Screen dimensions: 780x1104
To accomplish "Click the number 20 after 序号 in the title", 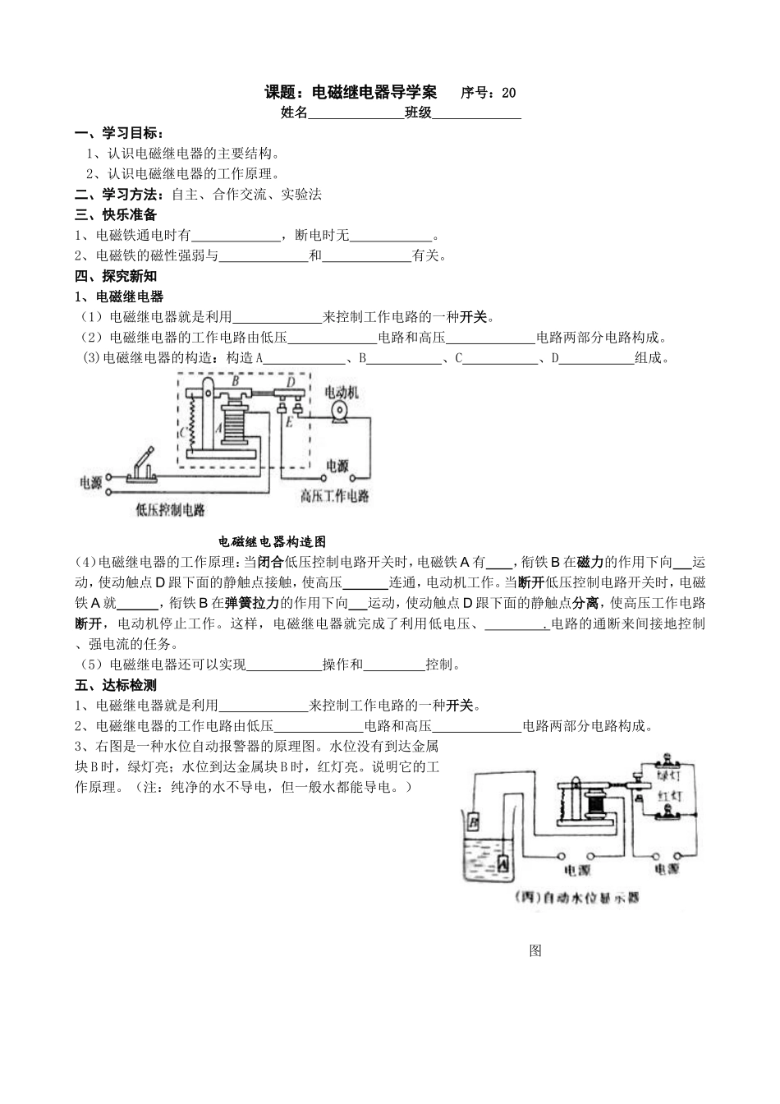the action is click(508, 93).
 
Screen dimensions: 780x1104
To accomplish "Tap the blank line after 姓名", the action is click(356, 114).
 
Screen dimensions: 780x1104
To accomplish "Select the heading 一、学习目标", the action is click(119, 134).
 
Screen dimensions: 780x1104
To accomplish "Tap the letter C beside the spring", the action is click(182, 432).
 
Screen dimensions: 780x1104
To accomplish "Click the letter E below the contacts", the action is click(288, 421).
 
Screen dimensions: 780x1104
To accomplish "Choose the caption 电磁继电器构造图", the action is click(273, 541).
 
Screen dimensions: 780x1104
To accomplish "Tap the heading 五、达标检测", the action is click(116, 685).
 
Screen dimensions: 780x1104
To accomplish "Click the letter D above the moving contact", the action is click(291, 381).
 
